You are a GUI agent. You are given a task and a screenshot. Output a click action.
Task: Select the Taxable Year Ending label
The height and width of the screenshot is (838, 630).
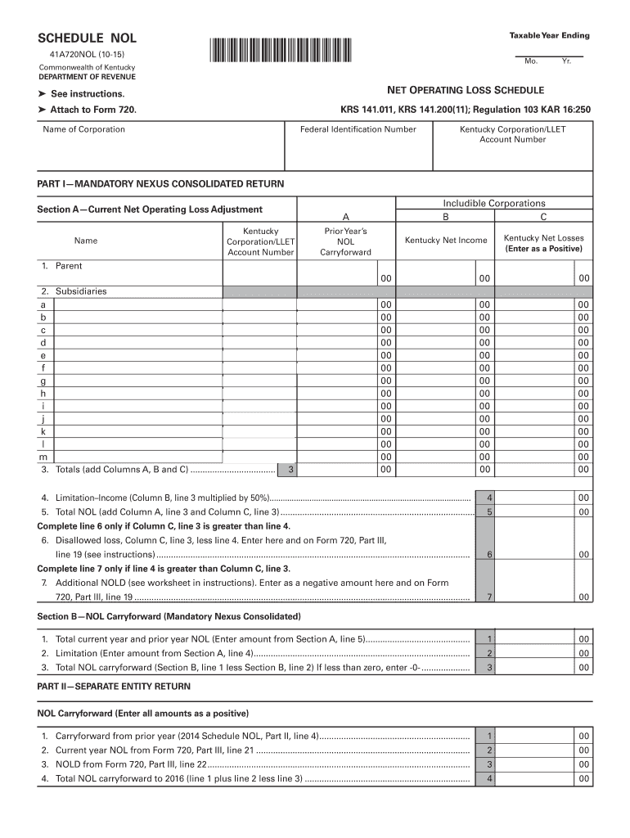(x=549, y=35)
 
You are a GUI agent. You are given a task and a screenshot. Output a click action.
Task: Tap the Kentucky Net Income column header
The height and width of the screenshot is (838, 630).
(x=446, y=240)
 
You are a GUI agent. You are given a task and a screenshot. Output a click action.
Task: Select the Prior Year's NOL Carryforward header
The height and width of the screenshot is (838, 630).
(x=345, y=241)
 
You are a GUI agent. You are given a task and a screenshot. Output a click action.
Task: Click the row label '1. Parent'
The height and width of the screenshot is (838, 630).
(x=61, y=266)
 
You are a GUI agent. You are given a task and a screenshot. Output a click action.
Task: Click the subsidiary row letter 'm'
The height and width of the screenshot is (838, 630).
(x=43, y=457)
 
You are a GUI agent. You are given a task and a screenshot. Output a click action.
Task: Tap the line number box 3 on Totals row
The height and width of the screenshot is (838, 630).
(x=288, y=470)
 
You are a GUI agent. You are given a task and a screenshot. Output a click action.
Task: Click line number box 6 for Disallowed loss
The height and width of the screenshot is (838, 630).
(x=488, y=554)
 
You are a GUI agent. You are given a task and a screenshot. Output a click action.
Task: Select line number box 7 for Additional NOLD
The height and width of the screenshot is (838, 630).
(x=488, y=597)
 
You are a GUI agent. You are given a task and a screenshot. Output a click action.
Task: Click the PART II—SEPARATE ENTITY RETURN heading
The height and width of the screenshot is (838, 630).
(x=115, y=686)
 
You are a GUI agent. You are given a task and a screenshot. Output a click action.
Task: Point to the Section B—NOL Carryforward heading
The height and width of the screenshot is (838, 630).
(x=169, y=615)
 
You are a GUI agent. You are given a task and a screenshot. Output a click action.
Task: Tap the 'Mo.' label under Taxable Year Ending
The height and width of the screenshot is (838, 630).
(x=531, y=62)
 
